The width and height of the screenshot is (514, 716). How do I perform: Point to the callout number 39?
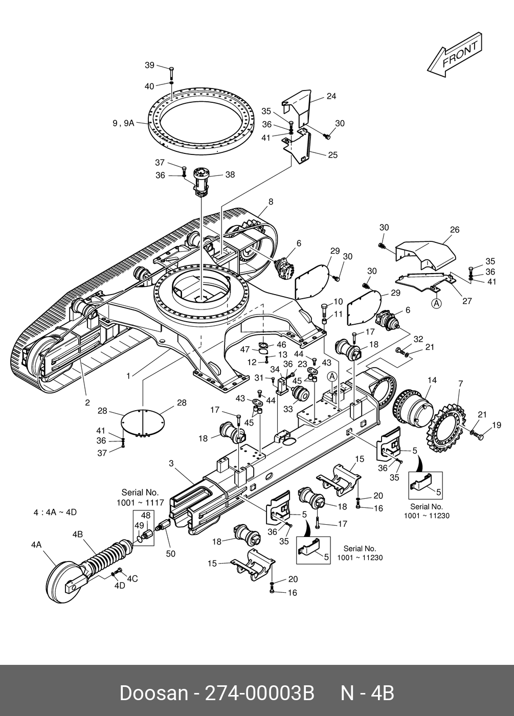point(149,65)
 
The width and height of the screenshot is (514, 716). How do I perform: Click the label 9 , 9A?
point(123,123)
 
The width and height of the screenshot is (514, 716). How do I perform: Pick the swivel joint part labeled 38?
point(201,182)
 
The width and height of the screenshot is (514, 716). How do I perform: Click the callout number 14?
point(432,380)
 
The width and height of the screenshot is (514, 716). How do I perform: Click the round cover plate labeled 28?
point(143,422)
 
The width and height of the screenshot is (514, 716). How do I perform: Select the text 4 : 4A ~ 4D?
point(55,512)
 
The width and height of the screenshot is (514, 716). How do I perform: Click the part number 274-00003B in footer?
point(259,693)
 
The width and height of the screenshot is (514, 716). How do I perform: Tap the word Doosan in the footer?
point(153,693)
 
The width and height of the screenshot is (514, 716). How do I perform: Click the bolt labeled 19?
point(479,436)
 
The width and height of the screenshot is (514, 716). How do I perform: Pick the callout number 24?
point(331,96)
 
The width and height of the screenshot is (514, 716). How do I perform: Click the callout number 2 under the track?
point(87,402)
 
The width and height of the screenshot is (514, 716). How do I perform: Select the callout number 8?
point(271,202)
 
